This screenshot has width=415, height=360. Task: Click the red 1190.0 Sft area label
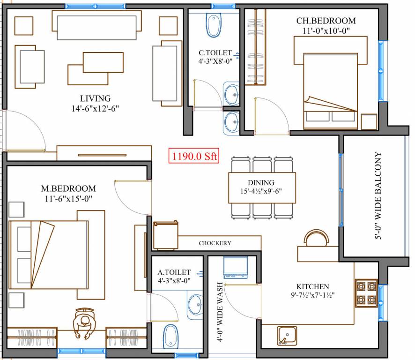pos(193,157)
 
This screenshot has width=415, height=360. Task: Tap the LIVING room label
pos(95,98)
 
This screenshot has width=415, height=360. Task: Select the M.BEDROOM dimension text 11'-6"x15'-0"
pos(68,199)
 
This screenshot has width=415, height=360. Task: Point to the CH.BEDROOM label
pos(326,21)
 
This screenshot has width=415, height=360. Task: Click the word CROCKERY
pos(215,243)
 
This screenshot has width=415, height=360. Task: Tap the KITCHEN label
pos(312,286)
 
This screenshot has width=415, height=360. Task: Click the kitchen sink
pos(286,336)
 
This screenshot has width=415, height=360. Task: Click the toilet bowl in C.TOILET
pos(213,25)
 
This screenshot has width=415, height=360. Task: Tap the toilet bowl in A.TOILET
pos(170,337)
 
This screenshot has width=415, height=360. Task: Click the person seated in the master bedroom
pos(84,323)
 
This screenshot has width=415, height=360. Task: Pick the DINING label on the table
pos(261,182)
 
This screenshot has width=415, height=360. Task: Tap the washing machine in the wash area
pos(235,267)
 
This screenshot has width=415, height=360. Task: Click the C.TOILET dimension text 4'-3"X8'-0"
pos(215,60)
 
